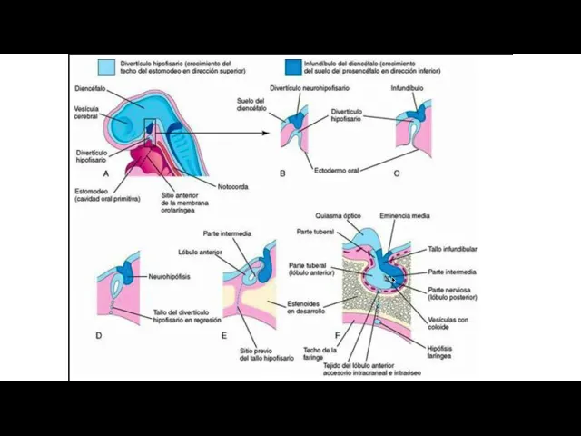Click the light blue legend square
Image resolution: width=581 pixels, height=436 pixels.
pyautogui.click(x=106, y=66)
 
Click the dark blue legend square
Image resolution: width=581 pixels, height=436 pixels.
pyautogui.click(x=290, y=66)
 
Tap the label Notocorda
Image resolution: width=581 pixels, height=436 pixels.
pyautogui.click(x=233, y=187)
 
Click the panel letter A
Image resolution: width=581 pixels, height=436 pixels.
pyautogui.click(x=106, y=173)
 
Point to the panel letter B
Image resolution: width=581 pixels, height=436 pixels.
pyautogui.click(x=281, y=173)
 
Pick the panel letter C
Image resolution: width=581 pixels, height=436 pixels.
pyautogui.click(x=397, y=173)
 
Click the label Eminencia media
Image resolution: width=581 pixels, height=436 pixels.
pyautogui.click(x=405, y=217)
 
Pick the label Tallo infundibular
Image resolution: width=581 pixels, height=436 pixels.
pyautogui.click(x=453, y=248)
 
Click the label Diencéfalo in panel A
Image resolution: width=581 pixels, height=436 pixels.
pyautogui.click(x=94, y=89)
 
